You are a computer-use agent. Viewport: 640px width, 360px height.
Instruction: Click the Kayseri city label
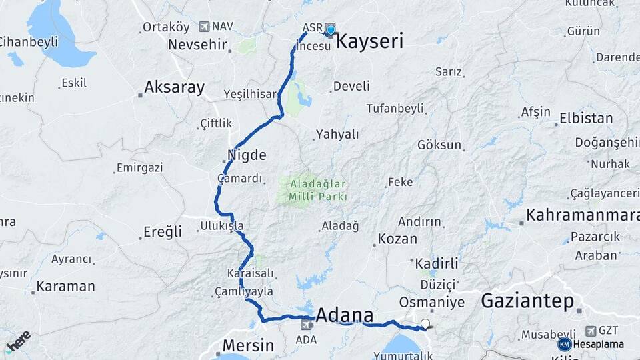pyautogui.click(x=369, y=42)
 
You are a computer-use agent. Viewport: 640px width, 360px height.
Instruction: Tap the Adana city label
pyautogui.click(x=344, y=315)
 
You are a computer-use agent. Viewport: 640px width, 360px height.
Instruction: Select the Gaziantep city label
pyautogui.click(x=527, y=301)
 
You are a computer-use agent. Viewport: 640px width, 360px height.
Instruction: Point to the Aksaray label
pyautogui.click(x=174, y=87)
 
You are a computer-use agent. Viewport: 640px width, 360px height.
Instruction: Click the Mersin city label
pyautogui.click(x=247, y=345)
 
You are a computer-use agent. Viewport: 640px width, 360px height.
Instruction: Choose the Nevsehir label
pyautogui.click(x=197, y=45)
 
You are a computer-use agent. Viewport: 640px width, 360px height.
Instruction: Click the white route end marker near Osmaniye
pyautogui.click(x=425, y=325)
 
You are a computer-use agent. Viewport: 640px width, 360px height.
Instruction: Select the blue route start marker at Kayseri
pyautogui.click(x=330, y=30)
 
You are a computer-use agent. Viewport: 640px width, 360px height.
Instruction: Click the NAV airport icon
pyautogui.click(x=204, y=27)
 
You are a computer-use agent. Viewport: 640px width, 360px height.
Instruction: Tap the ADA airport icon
pyautogui.click(x=307, y=325)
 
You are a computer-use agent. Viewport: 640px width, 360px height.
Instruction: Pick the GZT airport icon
pyautogui.click(x=591, y=331)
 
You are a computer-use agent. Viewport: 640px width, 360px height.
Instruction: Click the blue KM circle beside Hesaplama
pyautogui.click(x=564, y=344)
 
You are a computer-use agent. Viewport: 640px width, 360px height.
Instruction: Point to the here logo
pyautogui.click(x=18, y=340)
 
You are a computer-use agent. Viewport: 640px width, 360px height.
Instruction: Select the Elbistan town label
pyautogui.click(x=586, y=119)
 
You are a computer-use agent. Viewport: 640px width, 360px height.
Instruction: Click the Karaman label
pyautogui.click(x=65, y=286)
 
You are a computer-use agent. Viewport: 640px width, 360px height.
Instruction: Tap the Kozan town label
pyautogui.click(x=397, y=239)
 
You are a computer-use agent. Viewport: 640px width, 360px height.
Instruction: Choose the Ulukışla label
pyautogui.click(x=222, y=226)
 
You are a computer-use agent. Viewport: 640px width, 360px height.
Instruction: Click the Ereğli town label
pyautogui.click(x=163, y=232)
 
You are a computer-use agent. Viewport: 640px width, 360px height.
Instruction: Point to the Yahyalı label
pyautogui.click(x=337, y=134)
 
